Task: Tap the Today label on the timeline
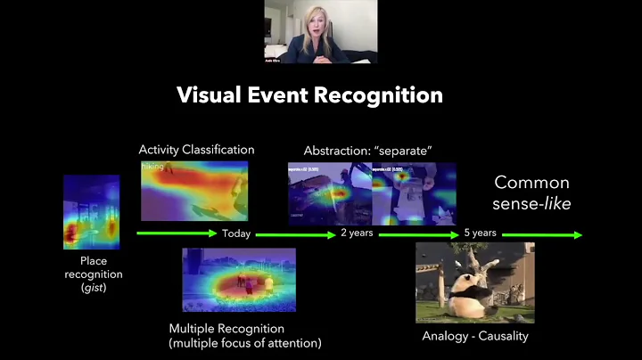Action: click(x=237, y=234)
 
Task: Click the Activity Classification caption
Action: click(x=196, y=150)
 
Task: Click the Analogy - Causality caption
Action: click(x=475, y=336)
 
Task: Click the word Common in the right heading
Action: click(x=531, y=184)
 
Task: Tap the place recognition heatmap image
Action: click(x=91, y=211)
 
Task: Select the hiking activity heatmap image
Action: click(x=193, y=190)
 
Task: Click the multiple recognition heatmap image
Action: click(x=238, y=279)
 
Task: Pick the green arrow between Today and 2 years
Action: click(x=300, y=234)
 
